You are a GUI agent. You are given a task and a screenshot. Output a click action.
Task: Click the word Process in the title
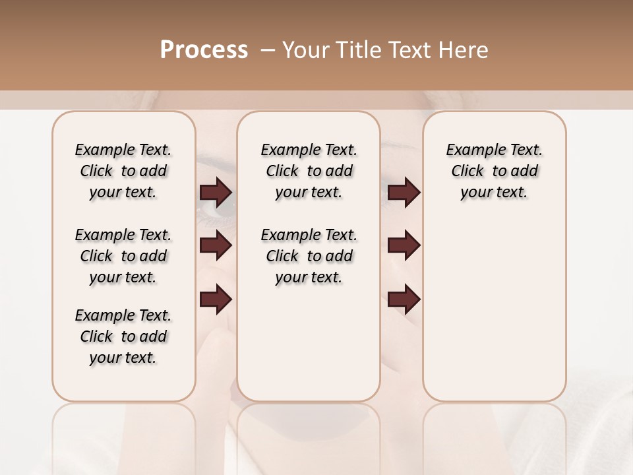[204, 50]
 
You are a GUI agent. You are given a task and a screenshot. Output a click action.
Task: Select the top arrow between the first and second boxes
[216, 192]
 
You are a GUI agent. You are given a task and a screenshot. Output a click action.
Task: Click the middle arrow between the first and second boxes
[216, 245]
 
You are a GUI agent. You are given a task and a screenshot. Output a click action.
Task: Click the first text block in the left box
[123, 171]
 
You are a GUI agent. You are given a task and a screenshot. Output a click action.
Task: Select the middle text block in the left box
[123, 256]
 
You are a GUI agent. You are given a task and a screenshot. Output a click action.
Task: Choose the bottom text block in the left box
[123, 336]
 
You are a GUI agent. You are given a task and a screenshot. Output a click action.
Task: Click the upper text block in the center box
[309, 171]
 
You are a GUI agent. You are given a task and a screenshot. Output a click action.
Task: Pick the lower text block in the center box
[309, 256]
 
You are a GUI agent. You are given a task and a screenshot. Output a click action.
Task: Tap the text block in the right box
[495, 171]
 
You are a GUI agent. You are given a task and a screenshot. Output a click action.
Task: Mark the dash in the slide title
[268, 50]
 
